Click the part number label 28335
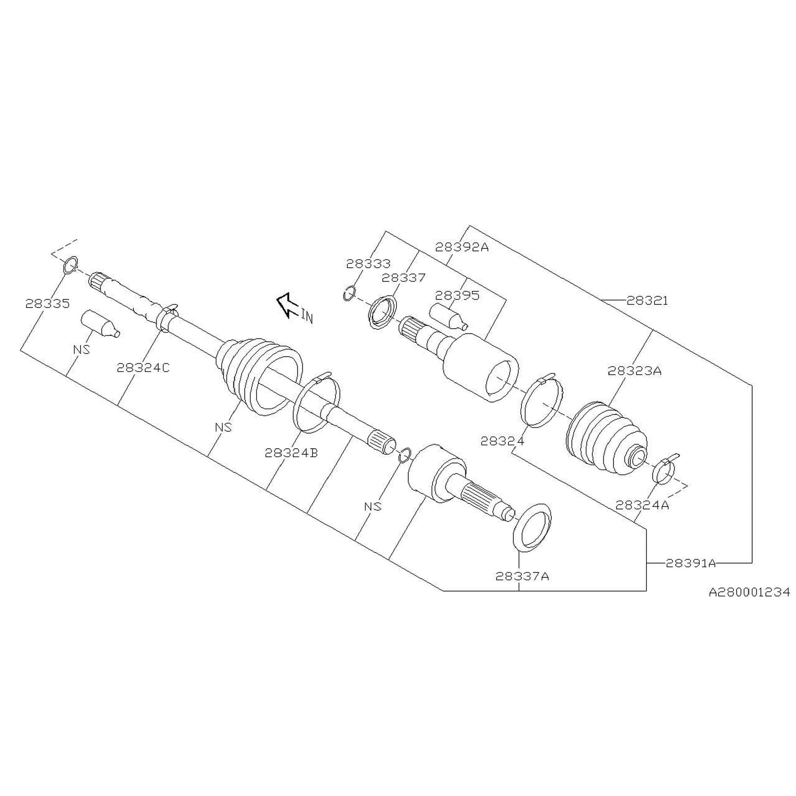(x=47, y=304)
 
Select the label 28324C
(x=143, y=368)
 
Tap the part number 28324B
(x=291, y=453)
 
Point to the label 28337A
(x=522, y=576)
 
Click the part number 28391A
(x=691, y=563)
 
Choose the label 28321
(x=647, y=301)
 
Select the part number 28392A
(x=462, y=247)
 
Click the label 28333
(x=368, y=264)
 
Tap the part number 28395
(x=457, y=295)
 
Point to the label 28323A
(x=634, y=371)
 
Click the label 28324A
(x=642, y=505)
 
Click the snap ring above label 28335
(x=70, y=265)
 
